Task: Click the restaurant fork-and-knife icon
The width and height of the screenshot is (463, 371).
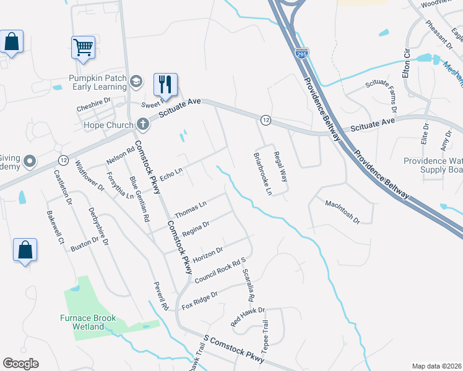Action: tap(165, 83)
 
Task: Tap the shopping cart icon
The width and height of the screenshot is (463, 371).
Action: tap(83, 46)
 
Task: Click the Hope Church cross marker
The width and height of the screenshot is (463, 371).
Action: tap(143, 125)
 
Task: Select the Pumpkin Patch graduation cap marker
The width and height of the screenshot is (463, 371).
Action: tap(136, 82)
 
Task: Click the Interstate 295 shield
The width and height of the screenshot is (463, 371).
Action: tap(301, 54)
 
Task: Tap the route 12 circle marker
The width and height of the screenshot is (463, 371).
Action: tap(264, 119)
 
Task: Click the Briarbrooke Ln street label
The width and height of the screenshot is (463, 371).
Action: tap(261, 174)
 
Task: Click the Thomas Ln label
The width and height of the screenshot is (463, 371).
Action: tap(190, 209)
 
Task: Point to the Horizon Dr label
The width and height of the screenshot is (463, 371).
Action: tap(207, 253)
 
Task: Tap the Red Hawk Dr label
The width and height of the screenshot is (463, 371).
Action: tap(247, 317)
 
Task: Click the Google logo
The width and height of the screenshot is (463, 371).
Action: tap(20, 363)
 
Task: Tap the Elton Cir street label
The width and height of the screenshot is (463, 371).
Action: tap(407, 62)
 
